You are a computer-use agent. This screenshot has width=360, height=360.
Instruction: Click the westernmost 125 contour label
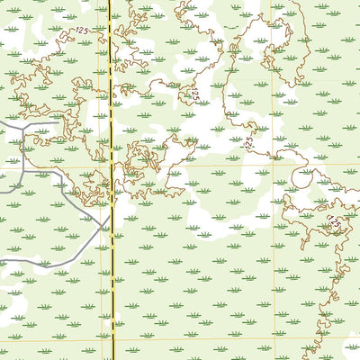click(x=82, y=31)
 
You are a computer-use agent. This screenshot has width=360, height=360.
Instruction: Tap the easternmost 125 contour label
click(x=335, y=222)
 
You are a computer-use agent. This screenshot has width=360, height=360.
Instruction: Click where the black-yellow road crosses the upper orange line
click(x=112, y=165)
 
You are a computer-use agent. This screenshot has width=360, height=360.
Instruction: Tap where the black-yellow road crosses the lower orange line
click(x=114, y=339)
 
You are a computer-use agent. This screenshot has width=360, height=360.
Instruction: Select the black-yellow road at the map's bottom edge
click(x=115, y=358)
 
